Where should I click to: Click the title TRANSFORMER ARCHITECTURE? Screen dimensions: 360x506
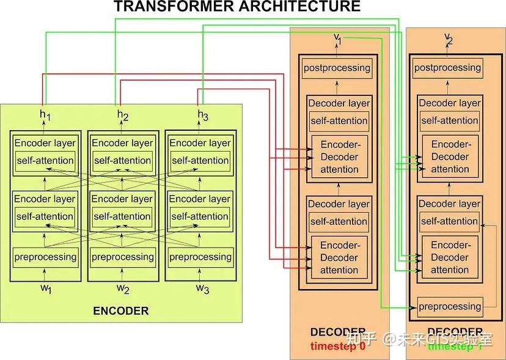(x=237, y=7)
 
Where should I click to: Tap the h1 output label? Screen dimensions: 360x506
(x=45, y=114)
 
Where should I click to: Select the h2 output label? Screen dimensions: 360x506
(x=122, y=114)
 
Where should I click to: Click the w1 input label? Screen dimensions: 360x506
(x=45, y=288)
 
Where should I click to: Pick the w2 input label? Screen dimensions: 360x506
(x=122, y=288)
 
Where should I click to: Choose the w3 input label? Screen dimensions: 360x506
(x=202, y=288)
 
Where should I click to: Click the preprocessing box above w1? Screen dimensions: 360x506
(x=45, y=257)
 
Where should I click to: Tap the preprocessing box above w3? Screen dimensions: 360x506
(x=200, y=257)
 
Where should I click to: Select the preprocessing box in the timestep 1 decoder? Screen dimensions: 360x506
(x=449, y=306)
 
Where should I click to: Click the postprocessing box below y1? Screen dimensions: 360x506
(x=337, y=67)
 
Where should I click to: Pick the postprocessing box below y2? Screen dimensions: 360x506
(x=447, y=67)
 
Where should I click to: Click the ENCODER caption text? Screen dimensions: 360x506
(x=120, y=310)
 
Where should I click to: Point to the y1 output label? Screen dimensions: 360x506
(x=337, y=39)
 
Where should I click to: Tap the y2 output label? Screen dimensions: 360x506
(x=449, y=40)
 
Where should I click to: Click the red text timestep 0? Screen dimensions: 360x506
(x=337, y=345)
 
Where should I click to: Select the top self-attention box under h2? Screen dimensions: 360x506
(x=122, y=160)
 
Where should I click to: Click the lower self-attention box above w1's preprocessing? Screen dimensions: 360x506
(x=45, y=216)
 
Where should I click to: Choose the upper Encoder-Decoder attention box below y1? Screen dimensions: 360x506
(x=339, y=156)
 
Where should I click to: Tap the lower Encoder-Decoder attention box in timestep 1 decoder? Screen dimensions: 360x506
(x=450, y=257)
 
